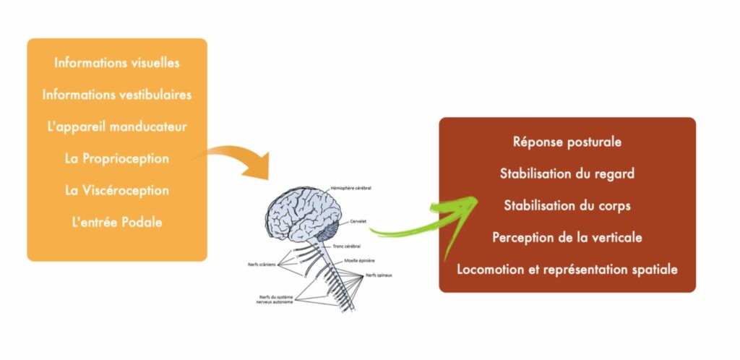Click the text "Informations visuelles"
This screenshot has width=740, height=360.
click(x=117, y=63)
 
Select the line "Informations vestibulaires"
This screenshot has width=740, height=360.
click(x=117, y=95)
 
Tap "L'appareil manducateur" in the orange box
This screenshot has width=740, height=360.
click(x=117, y=127)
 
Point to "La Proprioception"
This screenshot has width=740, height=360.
click(x=117, y=158)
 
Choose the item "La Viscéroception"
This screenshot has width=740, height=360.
click(x=117, y=190)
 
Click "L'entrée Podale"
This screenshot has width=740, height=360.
click(x=117, y=222)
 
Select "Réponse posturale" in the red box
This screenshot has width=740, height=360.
click(x=567, y=142)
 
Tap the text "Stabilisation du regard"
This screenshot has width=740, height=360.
click(x=567, y=173)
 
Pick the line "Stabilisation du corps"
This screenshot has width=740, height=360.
click(x=567, y=205)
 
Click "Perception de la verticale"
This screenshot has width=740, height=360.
click(x=567, y=237)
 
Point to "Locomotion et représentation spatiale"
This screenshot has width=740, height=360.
click(x=567, y=269)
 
